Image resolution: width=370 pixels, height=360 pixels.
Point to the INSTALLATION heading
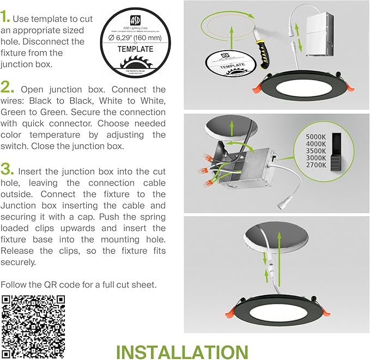183,351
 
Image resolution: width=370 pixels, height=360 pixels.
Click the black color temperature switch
338,149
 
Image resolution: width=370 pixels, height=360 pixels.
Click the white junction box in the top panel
314,34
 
